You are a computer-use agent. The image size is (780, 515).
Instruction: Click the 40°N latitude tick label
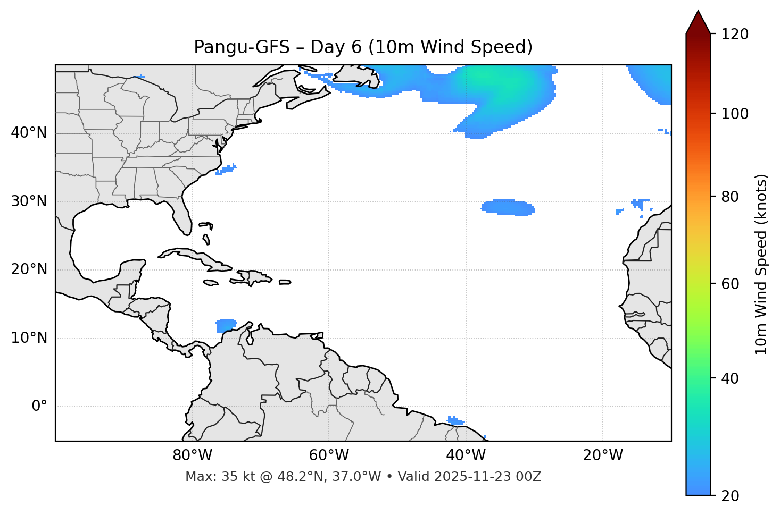click(x=29, y=133)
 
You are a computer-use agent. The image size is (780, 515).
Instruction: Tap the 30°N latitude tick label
click(x=29, y=201)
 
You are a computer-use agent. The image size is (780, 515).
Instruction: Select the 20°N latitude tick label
click(x=29, y=269)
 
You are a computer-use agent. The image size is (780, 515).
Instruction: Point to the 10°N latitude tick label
click(x=29, y=338)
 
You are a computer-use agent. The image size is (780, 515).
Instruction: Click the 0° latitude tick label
click(x=39, y=407)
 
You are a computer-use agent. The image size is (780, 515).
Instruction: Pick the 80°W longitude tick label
click(x=192, y=455)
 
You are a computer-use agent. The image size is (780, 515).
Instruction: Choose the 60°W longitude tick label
click(x=329, y=455)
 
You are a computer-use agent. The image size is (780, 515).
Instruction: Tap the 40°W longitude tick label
click(x=466, y=455)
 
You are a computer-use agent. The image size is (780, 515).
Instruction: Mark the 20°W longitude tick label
click(x=603, y=455)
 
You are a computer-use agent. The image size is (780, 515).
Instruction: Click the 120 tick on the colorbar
click(x=735, y=34)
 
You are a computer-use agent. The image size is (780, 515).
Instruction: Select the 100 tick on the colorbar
click(x=735, y=114)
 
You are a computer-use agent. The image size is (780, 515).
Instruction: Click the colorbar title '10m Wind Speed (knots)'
click(x=761, y=264)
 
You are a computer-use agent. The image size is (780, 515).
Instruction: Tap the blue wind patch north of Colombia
click(x=227, y=325)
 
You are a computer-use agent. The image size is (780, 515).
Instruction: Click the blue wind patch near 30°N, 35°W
click(x=508, y=207)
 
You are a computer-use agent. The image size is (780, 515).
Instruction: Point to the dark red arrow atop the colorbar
click(x=698, y=22)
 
